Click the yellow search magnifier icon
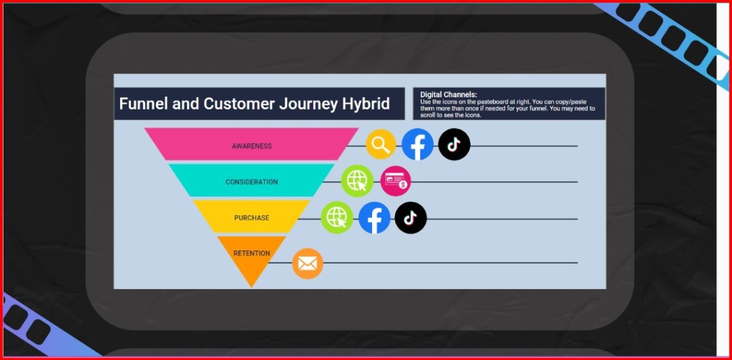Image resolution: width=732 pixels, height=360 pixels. coord(381,145)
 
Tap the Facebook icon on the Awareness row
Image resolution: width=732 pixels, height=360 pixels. coord(417,145)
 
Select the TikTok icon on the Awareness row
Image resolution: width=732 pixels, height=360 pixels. coord(454,145)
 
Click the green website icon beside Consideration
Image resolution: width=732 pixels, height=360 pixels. coord(357,180)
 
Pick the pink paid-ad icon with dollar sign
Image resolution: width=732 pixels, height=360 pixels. coord(396,180)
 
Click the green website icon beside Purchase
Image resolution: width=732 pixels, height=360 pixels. coord(337,217)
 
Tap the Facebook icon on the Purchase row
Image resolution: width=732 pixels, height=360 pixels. coord(374,218)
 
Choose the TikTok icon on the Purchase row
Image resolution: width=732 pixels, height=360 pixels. coord(411,218)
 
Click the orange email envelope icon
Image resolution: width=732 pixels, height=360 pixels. coord(308,263)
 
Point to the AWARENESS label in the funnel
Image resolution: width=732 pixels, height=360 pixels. coord(252,146)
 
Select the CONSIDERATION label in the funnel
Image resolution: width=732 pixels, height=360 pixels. coord(252,182)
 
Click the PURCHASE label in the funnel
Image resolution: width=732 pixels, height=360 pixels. coord(252,218)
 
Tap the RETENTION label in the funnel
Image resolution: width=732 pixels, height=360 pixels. coord(252,253)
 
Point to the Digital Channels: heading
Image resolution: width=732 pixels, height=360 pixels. coord(448,94)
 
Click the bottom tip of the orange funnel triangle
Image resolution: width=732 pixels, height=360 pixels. coord(252,287)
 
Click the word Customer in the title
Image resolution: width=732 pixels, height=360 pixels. coord(239,104)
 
